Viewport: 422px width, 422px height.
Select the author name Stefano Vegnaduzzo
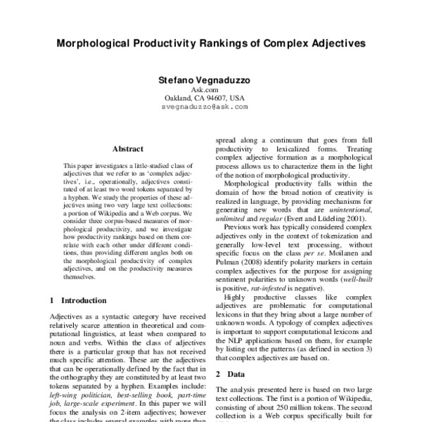click(x=210, y=80)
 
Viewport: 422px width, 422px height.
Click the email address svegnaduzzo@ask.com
click(x=210, y=108)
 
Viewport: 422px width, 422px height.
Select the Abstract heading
click(x=127, y=149)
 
